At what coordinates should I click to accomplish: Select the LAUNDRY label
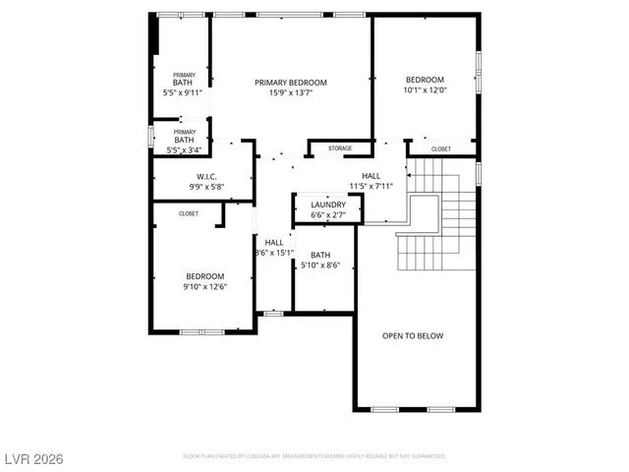tap(328, 205)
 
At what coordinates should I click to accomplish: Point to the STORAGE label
tap(340, 148)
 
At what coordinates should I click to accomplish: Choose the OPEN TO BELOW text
tap(413, 336)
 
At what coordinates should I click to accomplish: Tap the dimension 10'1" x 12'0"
tap(426, 90)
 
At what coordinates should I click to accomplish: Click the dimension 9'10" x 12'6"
tap(204, 287)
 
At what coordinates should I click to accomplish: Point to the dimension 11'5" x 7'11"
tap(371, 186)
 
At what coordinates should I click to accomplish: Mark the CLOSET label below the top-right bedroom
tap(441, 149)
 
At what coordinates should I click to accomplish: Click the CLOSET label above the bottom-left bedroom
tap(188, 213)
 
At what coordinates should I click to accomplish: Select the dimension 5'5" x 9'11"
tap(182, 93)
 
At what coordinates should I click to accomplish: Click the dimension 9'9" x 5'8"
tap(205, 187)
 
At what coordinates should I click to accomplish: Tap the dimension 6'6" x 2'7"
tap(328, 214)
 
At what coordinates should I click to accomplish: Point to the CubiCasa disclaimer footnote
tap(314, 456)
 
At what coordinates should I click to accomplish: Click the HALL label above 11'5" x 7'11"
tap(371, 175)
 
